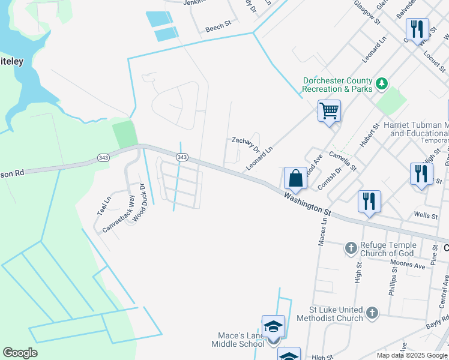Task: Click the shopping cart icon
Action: tap(329, 110)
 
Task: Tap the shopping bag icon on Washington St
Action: tap(295, 178)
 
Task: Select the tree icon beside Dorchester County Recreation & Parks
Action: tap(381, 85)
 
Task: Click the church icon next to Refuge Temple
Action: tap(351, 247)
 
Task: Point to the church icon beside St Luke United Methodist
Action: tap(372, 312)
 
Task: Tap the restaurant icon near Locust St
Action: tap(417, 29)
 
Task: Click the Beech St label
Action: tap(218, 28)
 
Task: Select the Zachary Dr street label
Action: tap(246, 144)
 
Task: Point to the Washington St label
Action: tap(308, 203)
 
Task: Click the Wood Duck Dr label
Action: tap(139, 203)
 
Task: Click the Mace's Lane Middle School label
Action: tap(238, 340)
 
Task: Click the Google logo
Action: tap(20, 353)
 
